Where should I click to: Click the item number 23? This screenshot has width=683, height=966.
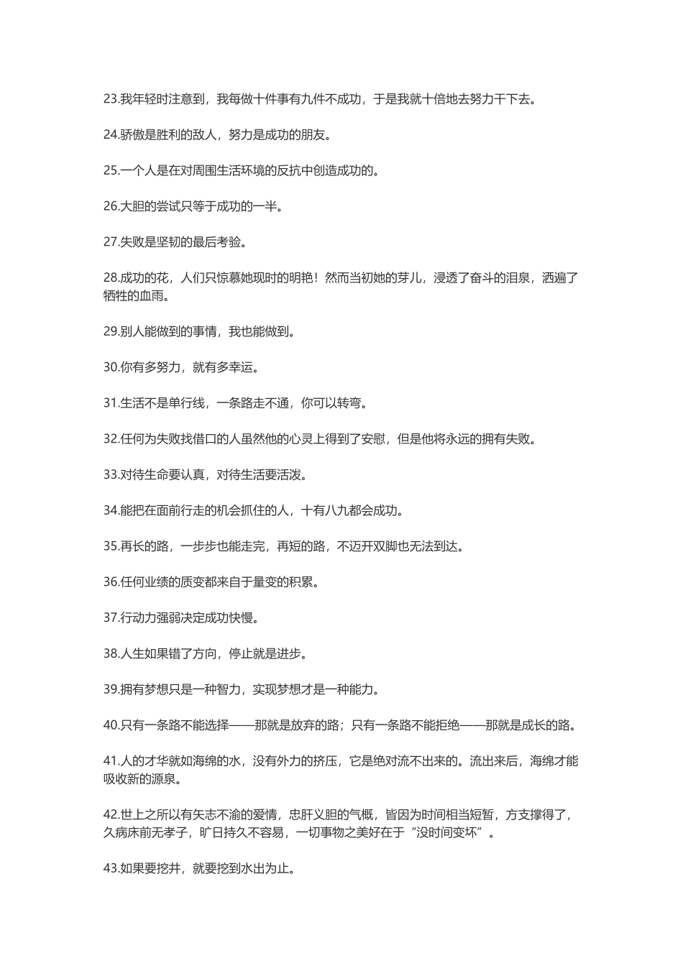111,99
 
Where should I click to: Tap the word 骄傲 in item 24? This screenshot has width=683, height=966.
133,135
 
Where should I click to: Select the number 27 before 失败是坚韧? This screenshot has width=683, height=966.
111,242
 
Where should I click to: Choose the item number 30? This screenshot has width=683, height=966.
111,367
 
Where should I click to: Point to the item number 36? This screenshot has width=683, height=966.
111,582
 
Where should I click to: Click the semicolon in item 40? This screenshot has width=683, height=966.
344,725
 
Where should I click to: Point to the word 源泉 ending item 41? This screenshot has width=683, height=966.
163,779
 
